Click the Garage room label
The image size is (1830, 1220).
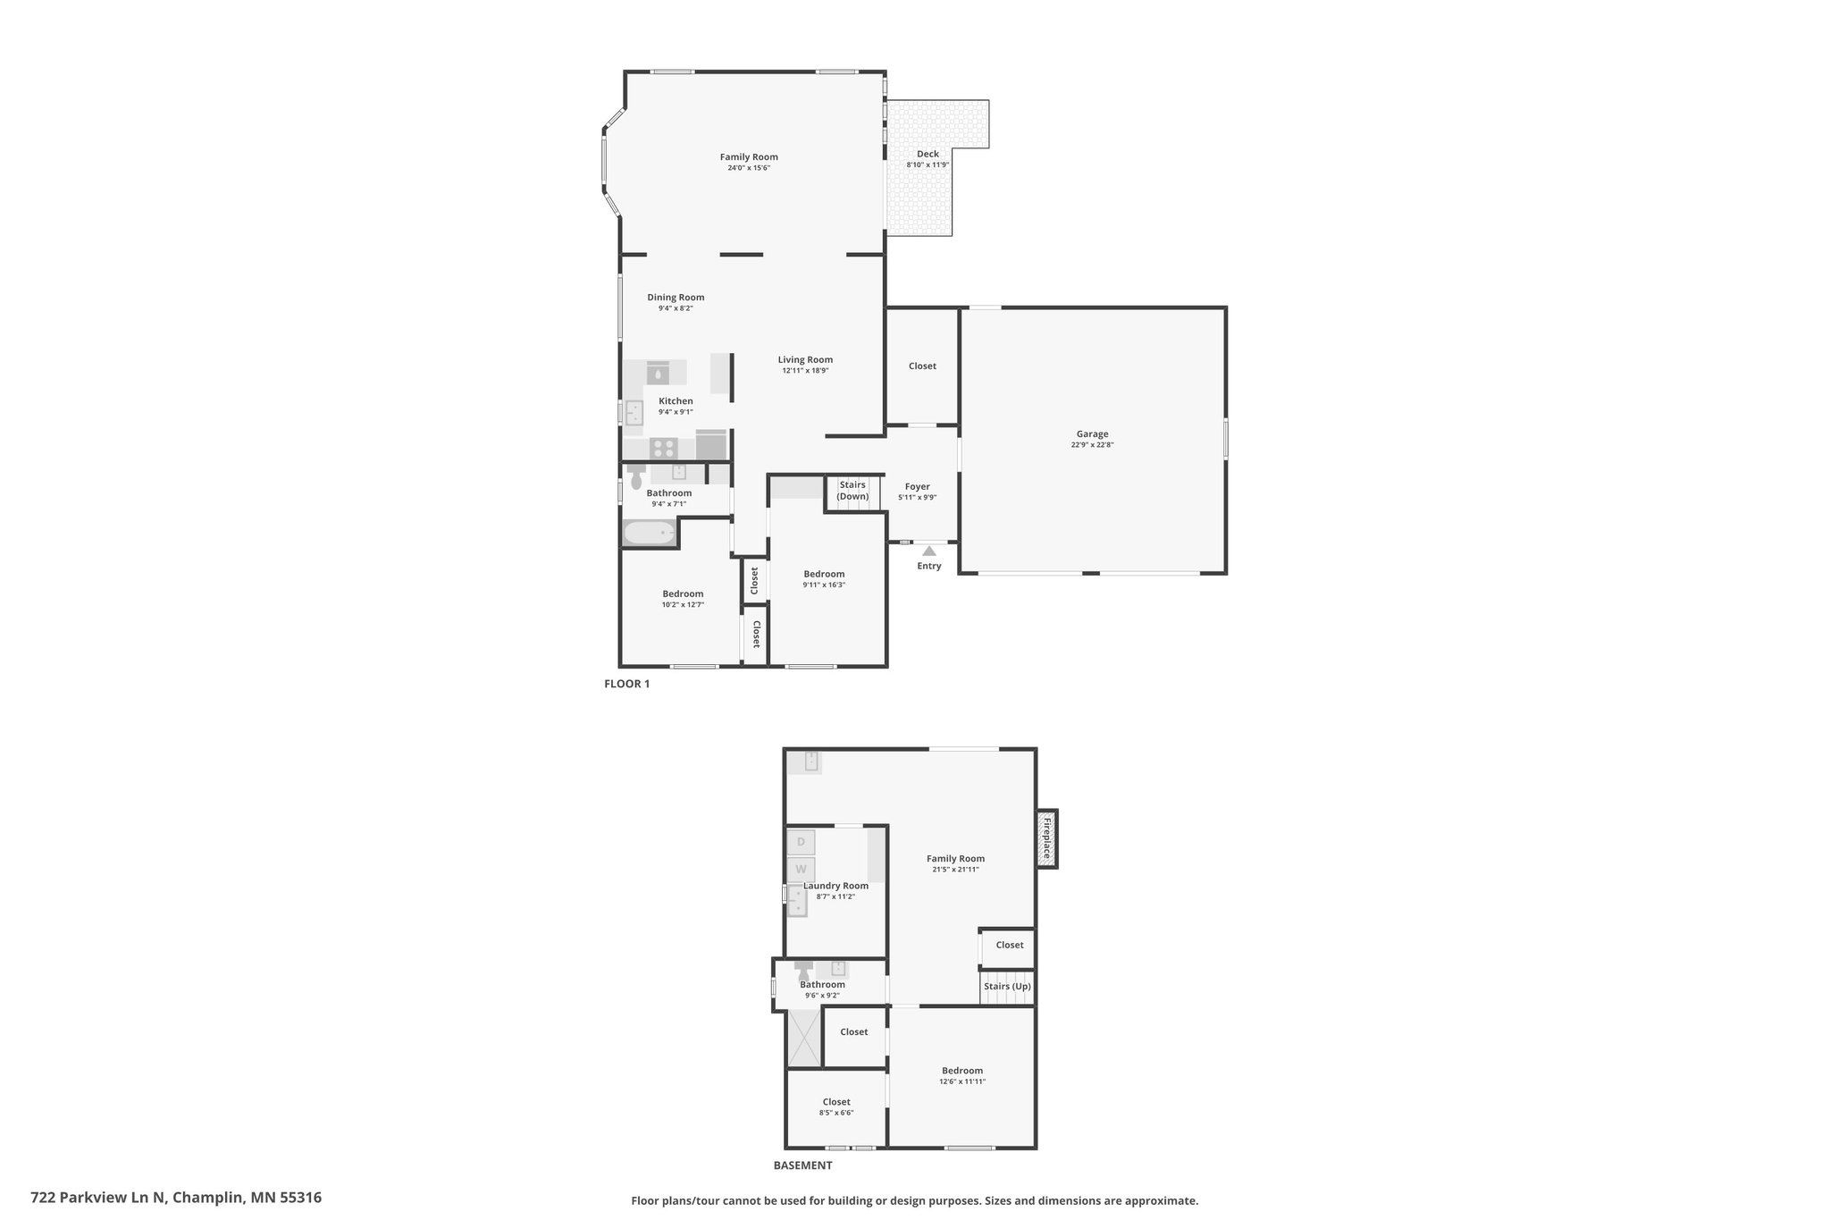pos(1092,434)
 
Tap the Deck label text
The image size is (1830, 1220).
pos(928,154)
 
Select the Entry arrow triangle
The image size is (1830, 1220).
pos(929,551)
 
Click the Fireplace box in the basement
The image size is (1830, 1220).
pos(1046,838)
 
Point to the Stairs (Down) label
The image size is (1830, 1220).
pos(852,491)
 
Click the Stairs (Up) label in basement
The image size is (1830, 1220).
pos(1007,987)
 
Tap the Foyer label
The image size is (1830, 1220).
pos(917,487)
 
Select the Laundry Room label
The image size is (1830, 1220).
pos(835,886)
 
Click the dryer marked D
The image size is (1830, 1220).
pos(801,842)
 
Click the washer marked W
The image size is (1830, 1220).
pos(801,869)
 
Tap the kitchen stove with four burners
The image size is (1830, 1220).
pos(663,448)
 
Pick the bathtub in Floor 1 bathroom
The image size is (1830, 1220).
pos(650,534)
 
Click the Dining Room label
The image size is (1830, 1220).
pos(676,298)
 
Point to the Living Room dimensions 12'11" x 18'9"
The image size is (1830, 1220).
pos(805,370)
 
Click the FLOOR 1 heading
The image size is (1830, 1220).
pos(627,684)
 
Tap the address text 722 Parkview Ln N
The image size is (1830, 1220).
pos(98,1197)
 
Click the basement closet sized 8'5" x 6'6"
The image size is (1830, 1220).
pos(836,1107)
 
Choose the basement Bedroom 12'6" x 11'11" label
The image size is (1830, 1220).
pos(962,1071)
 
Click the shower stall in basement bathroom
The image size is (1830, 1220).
pos(804,1038)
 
